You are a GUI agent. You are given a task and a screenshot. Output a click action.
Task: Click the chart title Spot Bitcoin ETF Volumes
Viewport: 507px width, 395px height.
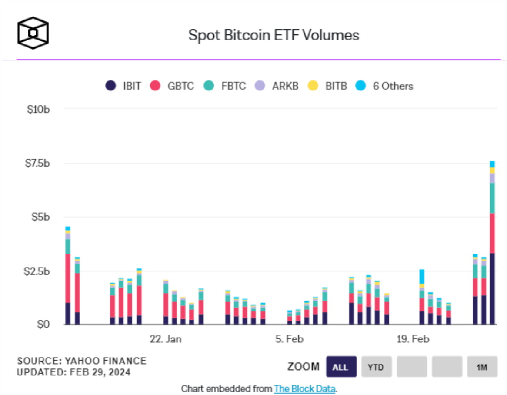274,35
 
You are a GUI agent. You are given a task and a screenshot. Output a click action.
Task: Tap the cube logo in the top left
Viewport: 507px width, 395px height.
33,33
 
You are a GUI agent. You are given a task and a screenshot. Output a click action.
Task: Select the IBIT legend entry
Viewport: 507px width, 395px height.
124,86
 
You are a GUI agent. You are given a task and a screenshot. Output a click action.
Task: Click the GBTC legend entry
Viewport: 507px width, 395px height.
172,86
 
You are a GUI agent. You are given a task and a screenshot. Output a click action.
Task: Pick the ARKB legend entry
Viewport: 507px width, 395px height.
279,86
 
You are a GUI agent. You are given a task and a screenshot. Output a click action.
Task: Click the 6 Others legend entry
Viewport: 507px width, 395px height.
385,86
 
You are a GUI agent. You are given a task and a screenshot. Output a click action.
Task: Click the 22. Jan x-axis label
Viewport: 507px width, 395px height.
166,339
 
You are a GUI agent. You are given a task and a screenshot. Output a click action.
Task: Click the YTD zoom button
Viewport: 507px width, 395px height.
376,367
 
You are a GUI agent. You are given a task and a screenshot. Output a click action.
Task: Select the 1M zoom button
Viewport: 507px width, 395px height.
481,367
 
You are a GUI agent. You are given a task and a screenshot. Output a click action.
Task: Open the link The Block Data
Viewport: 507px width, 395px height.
304,388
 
